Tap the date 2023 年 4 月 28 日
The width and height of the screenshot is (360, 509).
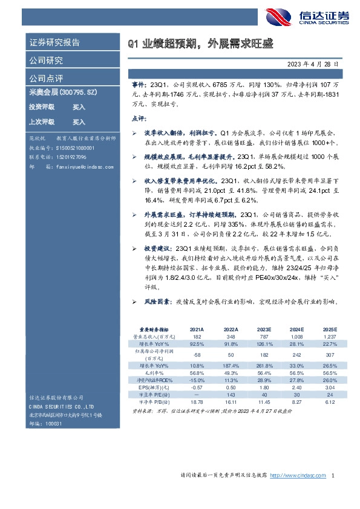pyautogui.click(x=317, y=63)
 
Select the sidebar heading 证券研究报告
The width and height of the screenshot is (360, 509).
pyautogui.click(x=54, y=43)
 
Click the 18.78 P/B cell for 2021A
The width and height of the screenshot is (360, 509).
pyautogui.click(x=197, y=402)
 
